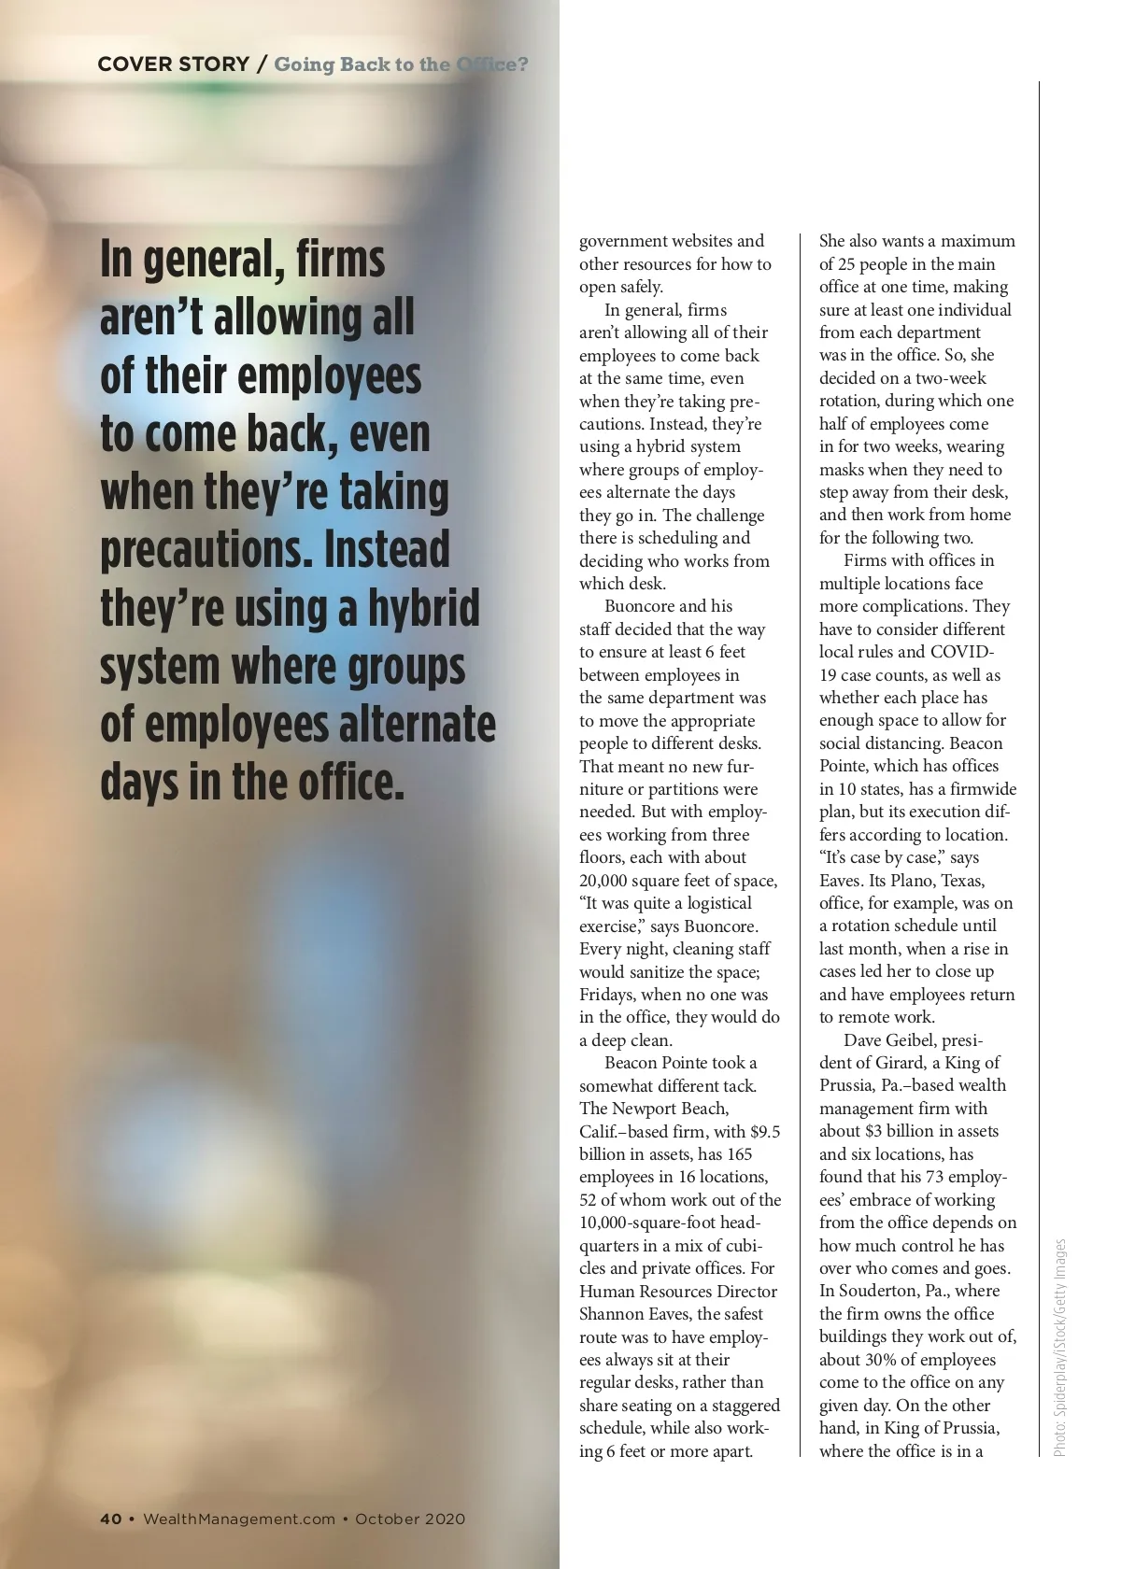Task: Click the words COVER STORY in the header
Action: click(x=173, y=64)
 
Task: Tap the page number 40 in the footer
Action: click(x=110, y=1519)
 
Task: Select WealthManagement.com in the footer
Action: click(x=238, y=1519)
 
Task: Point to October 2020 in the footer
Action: click(x=410, y=1519)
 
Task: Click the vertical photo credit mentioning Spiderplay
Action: click(x=1059, y=1348)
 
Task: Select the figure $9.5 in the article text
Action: click(x=765, y=1131)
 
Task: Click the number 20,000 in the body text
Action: click(x=612, y=881)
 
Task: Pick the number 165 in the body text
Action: click(x=738, y=1154)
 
